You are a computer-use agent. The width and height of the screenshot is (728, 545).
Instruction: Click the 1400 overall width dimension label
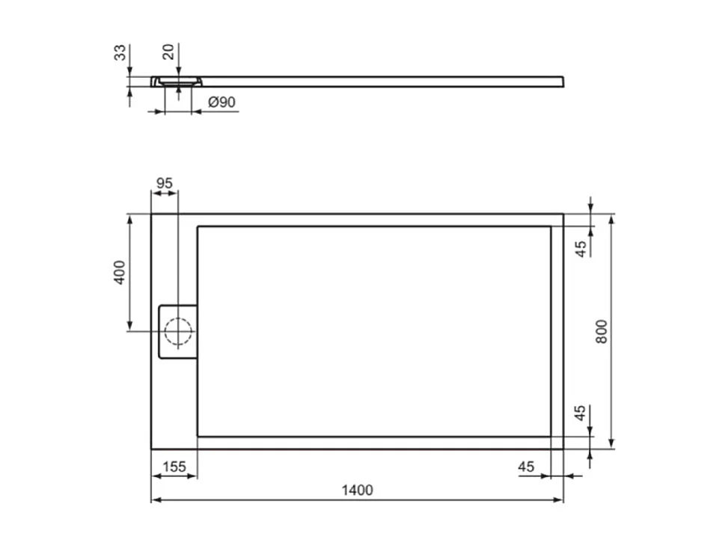[x=357, y=490]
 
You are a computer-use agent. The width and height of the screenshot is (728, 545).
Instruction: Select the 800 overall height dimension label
[x=602, y=331]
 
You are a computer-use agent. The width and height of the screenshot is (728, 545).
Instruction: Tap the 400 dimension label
[x=119, y=272]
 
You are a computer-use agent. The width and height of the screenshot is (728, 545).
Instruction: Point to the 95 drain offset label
[x=165, y=183]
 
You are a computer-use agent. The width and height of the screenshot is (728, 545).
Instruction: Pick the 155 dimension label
[x=174, y=467]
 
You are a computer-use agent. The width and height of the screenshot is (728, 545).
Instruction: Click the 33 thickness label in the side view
[x=119, y=54]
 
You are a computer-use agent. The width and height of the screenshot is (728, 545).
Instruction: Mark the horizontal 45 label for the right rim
[x=526, y=467]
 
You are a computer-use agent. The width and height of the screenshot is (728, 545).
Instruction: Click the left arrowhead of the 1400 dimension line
[x=155, y=499]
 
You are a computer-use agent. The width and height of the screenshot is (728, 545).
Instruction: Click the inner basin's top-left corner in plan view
[x=198, y=227]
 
